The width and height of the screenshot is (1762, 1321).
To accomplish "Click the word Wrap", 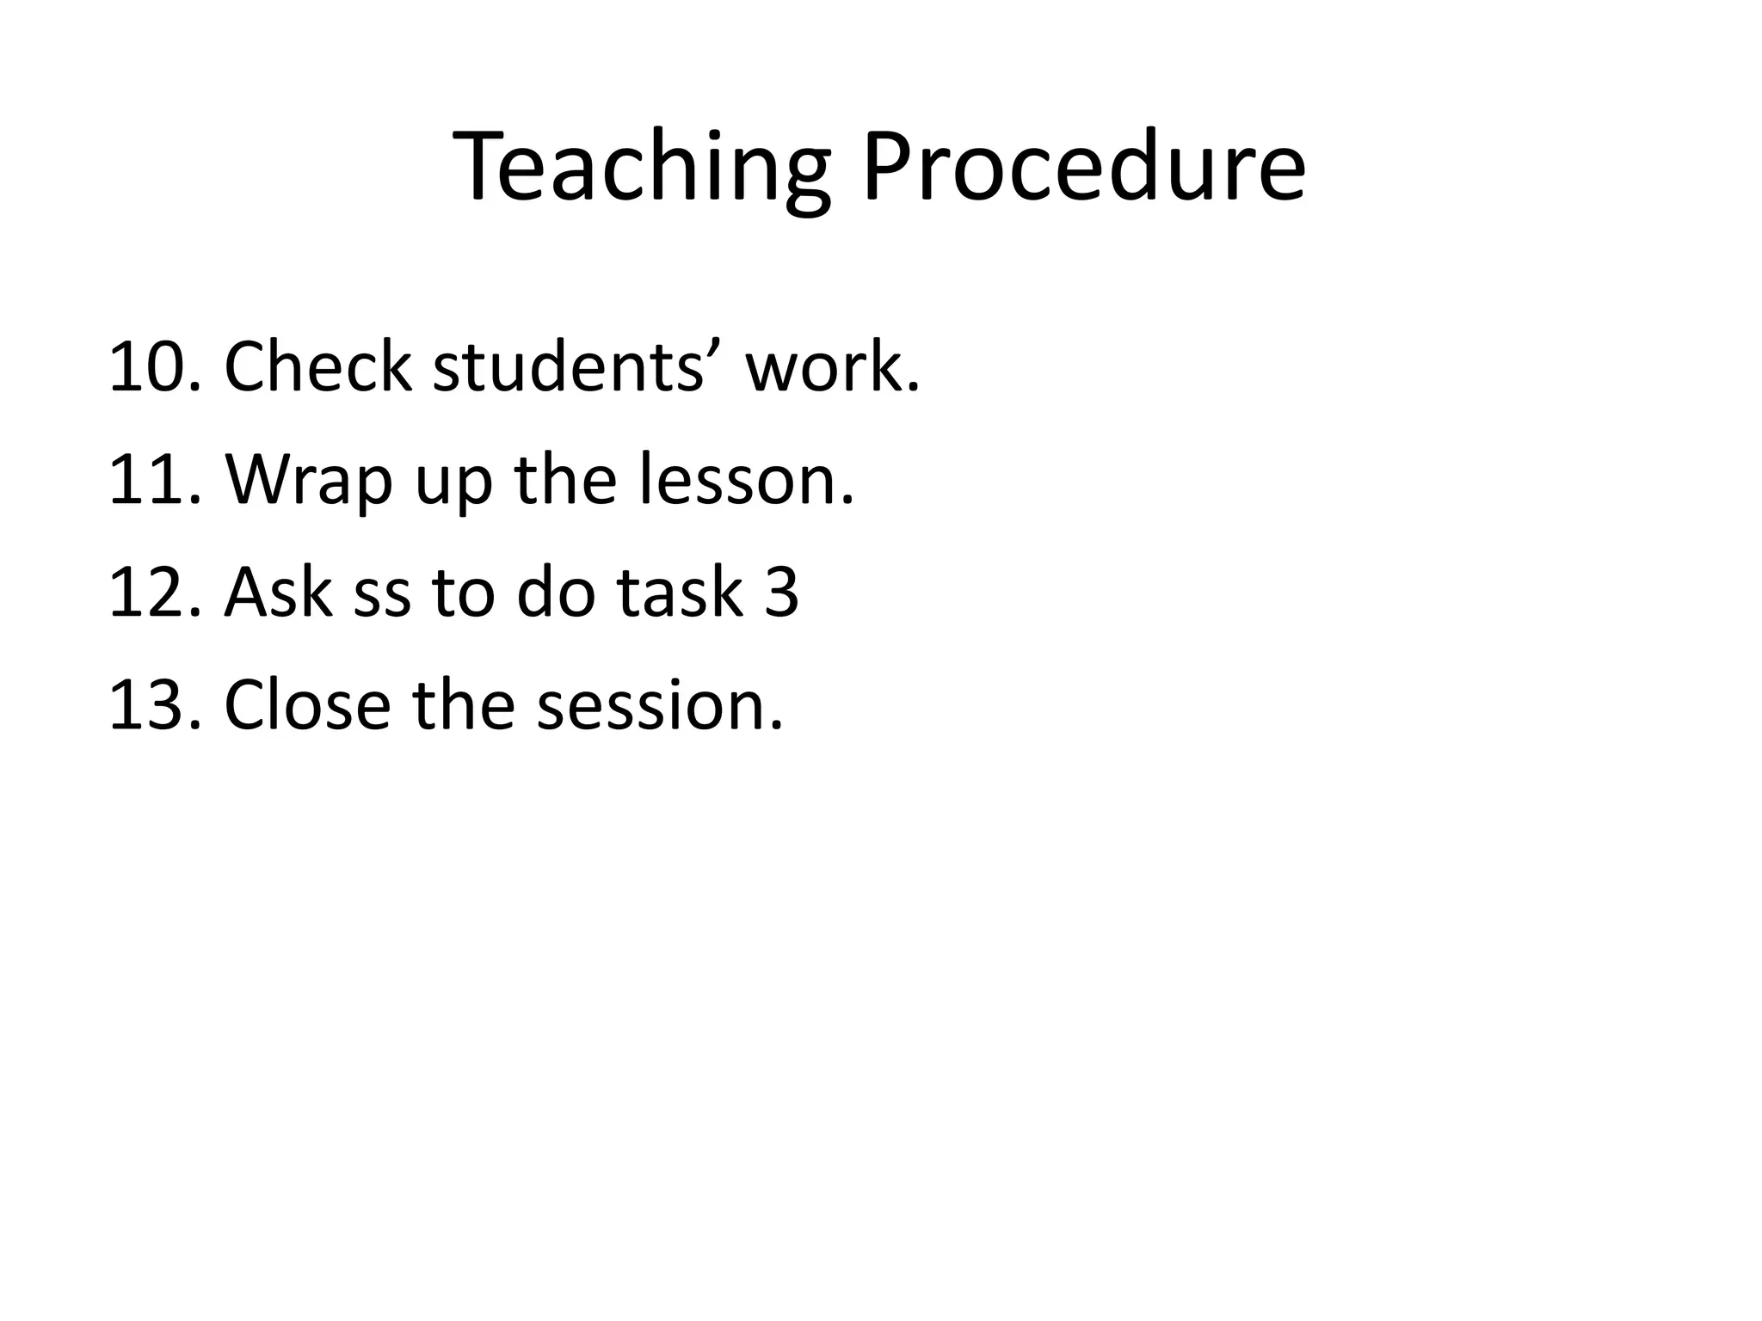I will (309, 480).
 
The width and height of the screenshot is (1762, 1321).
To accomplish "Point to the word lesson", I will (746, 480).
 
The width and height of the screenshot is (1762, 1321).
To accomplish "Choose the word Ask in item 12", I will (278, 593).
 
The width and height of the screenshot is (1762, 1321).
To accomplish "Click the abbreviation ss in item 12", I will (382, 593).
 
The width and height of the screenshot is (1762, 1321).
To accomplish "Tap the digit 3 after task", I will (781, 593).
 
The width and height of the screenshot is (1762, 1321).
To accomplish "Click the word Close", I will (307, 705).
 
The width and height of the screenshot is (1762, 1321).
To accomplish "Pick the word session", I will (659, 705).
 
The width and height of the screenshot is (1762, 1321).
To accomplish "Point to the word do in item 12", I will (555, 593).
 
